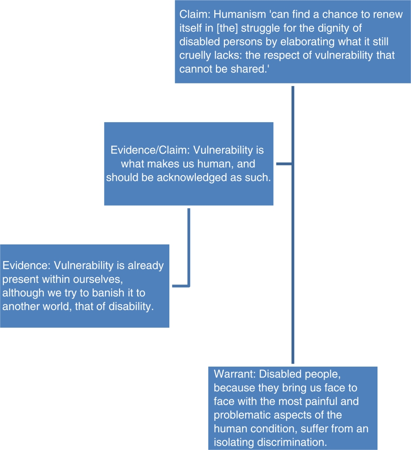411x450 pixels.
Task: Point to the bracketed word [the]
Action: click(227, 28)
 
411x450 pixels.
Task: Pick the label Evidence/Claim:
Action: click(150, 150)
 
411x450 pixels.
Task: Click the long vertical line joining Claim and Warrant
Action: click(293, 225)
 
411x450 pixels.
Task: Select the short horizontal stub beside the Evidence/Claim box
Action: click(284, 164)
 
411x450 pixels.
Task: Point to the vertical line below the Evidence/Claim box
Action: click(189, 247)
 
